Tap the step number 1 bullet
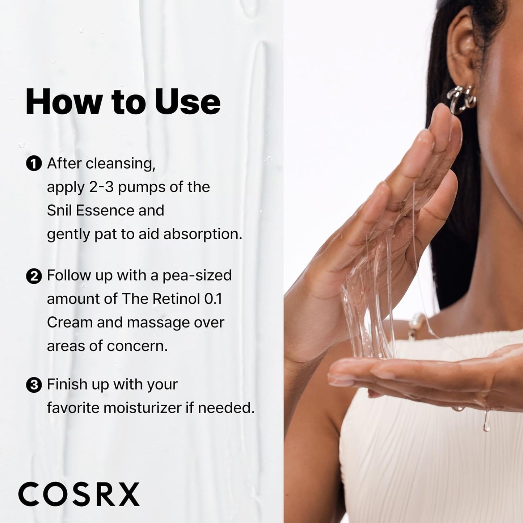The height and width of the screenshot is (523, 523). point(34,164)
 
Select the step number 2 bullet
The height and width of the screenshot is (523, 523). point(34,277)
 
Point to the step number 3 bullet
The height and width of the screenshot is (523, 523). point(34,385)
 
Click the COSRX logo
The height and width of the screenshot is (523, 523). point(79,494)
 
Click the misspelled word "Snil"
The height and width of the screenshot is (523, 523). point(59,210)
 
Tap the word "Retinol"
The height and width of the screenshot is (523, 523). point(176,299)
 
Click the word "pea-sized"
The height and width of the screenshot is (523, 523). point(197,276)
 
